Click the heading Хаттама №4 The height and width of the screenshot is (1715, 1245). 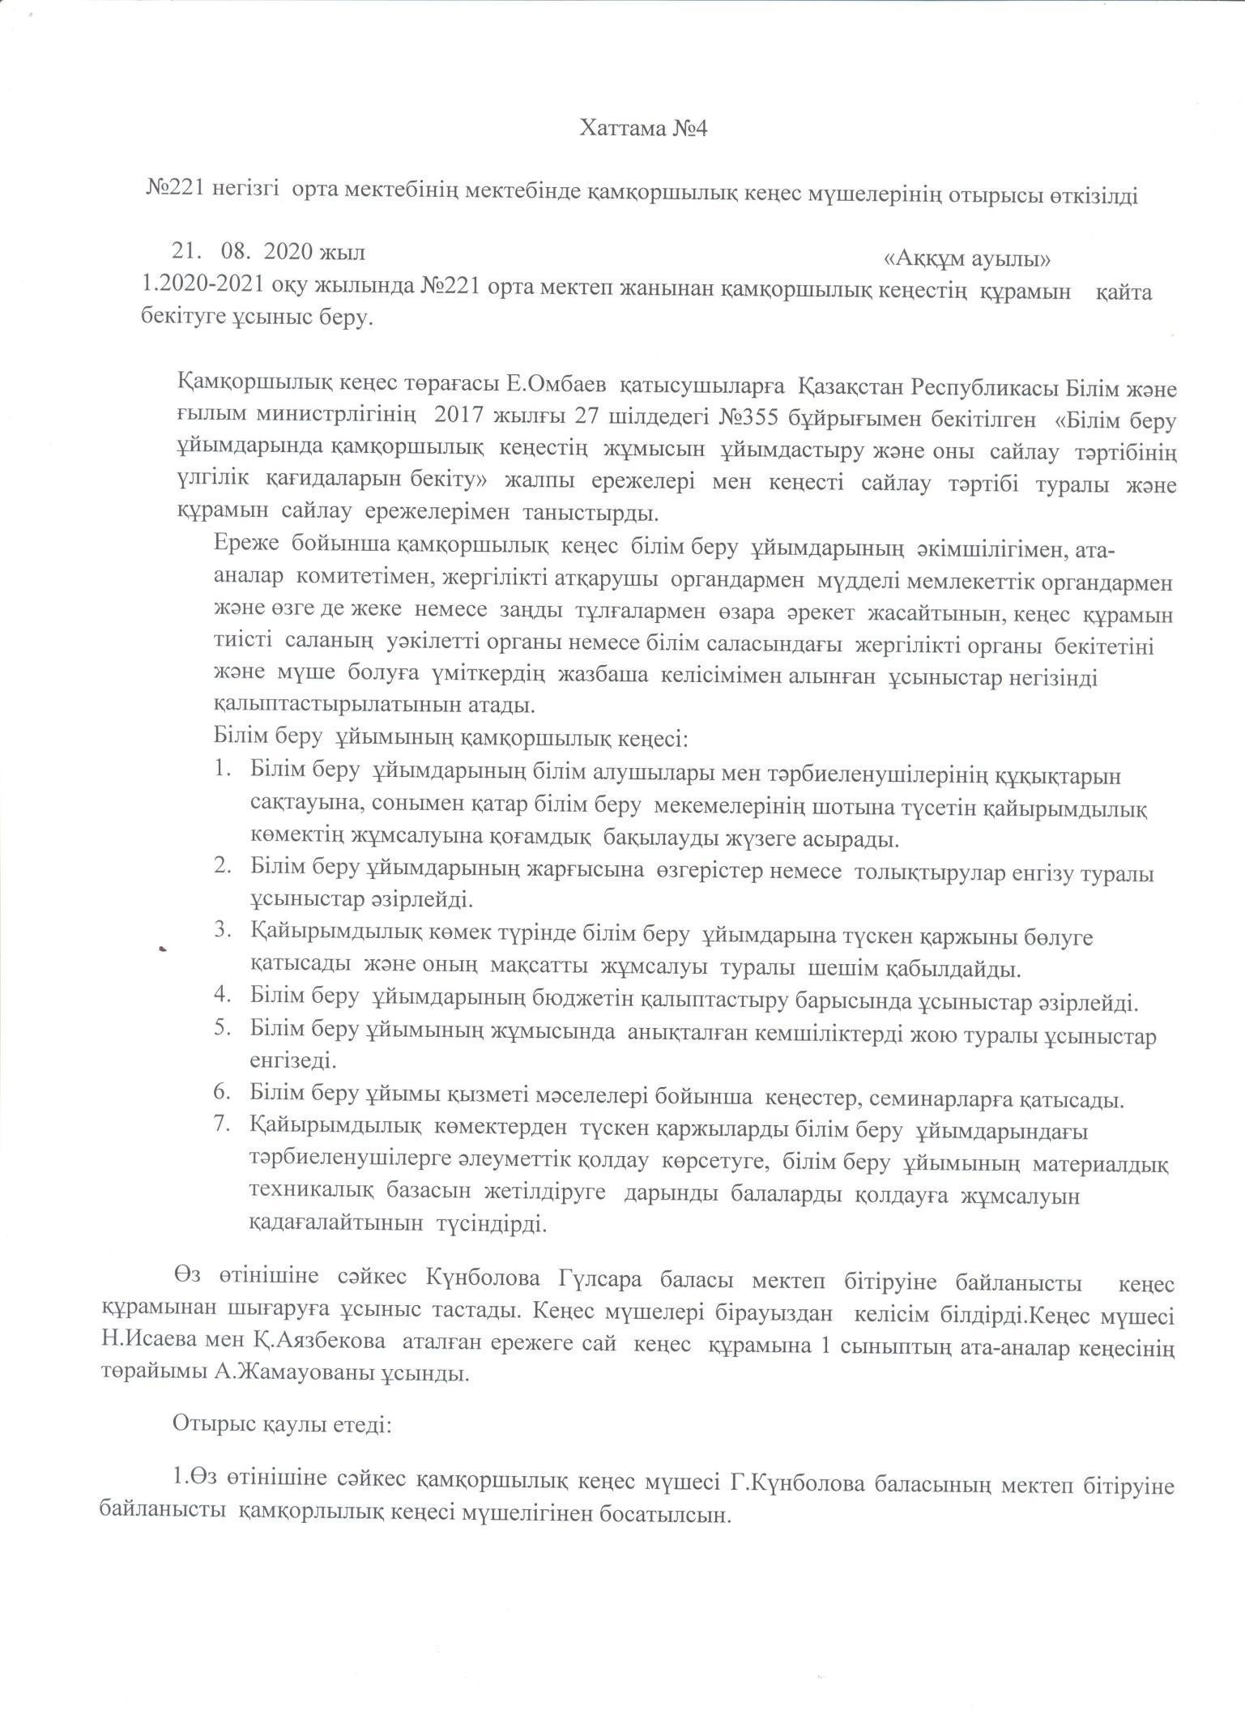click(643, 129)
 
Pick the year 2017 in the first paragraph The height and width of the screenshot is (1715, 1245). click(459, 420)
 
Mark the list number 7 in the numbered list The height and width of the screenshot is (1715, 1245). click(223, 1125)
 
